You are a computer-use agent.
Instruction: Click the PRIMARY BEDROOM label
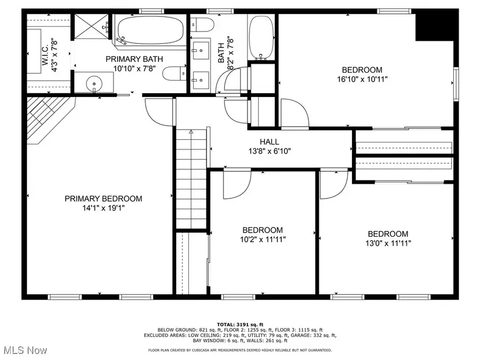[103, 199]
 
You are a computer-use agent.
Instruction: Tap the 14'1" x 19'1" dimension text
[103, 208]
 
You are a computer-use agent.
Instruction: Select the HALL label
[269, 142]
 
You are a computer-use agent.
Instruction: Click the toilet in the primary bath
[174, 74]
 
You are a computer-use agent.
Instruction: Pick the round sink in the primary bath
[94, 83]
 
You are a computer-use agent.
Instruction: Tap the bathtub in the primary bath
[150, 30]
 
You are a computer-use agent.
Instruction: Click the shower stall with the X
[92, 26]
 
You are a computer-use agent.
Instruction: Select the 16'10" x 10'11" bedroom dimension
[362, 79]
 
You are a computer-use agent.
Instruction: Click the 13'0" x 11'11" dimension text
[388, 243]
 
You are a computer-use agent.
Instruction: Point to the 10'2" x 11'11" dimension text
[262, 239]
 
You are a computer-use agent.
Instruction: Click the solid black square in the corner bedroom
[434, 27]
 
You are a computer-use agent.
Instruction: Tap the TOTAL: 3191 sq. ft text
[240, 324]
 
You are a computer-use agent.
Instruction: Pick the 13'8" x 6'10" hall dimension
[269, 151]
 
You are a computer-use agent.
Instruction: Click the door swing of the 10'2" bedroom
[237, 183]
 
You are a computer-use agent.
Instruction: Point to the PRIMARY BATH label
[134, 59]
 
